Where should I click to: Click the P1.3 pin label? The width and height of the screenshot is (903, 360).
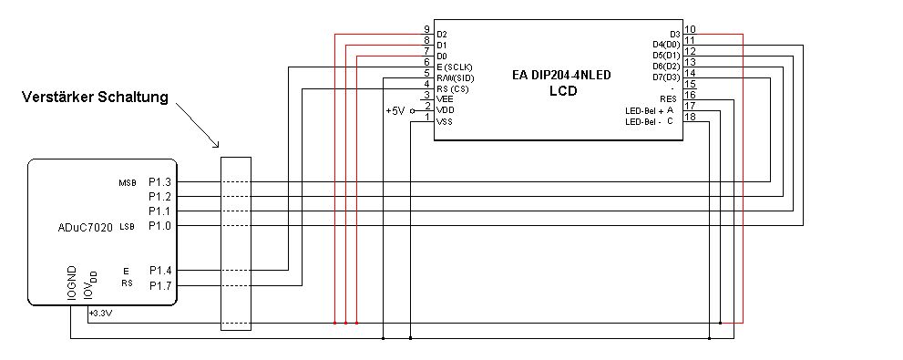pos(159,182)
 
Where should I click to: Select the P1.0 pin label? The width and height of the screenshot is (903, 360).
pos(159,226)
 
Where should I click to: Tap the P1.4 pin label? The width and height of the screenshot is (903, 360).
pos(159,270)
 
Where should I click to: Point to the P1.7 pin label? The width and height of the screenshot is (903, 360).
pos(159,285)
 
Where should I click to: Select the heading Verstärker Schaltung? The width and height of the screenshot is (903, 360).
pos(95,97)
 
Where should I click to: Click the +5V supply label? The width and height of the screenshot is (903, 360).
pos(395,111)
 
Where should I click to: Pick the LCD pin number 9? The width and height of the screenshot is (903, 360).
pos(426,29)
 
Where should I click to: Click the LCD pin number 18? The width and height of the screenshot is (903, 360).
pos(691,117)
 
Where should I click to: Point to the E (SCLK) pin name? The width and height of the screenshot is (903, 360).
pos(455,67)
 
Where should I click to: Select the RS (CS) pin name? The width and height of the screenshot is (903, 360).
pos(453,89)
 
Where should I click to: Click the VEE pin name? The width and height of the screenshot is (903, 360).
pos(445,99)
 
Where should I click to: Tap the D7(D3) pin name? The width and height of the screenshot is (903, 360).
pos(666,77)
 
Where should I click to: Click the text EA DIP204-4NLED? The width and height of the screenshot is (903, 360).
pos(561,75)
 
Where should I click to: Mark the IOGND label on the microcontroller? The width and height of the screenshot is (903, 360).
pos(71,283)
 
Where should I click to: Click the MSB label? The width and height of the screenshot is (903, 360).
pos(127,183)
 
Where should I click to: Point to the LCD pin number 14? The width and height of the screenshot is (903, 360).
pos(691,73)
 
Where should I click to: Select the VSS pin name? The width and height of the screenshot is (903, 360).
pos(445,121)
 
